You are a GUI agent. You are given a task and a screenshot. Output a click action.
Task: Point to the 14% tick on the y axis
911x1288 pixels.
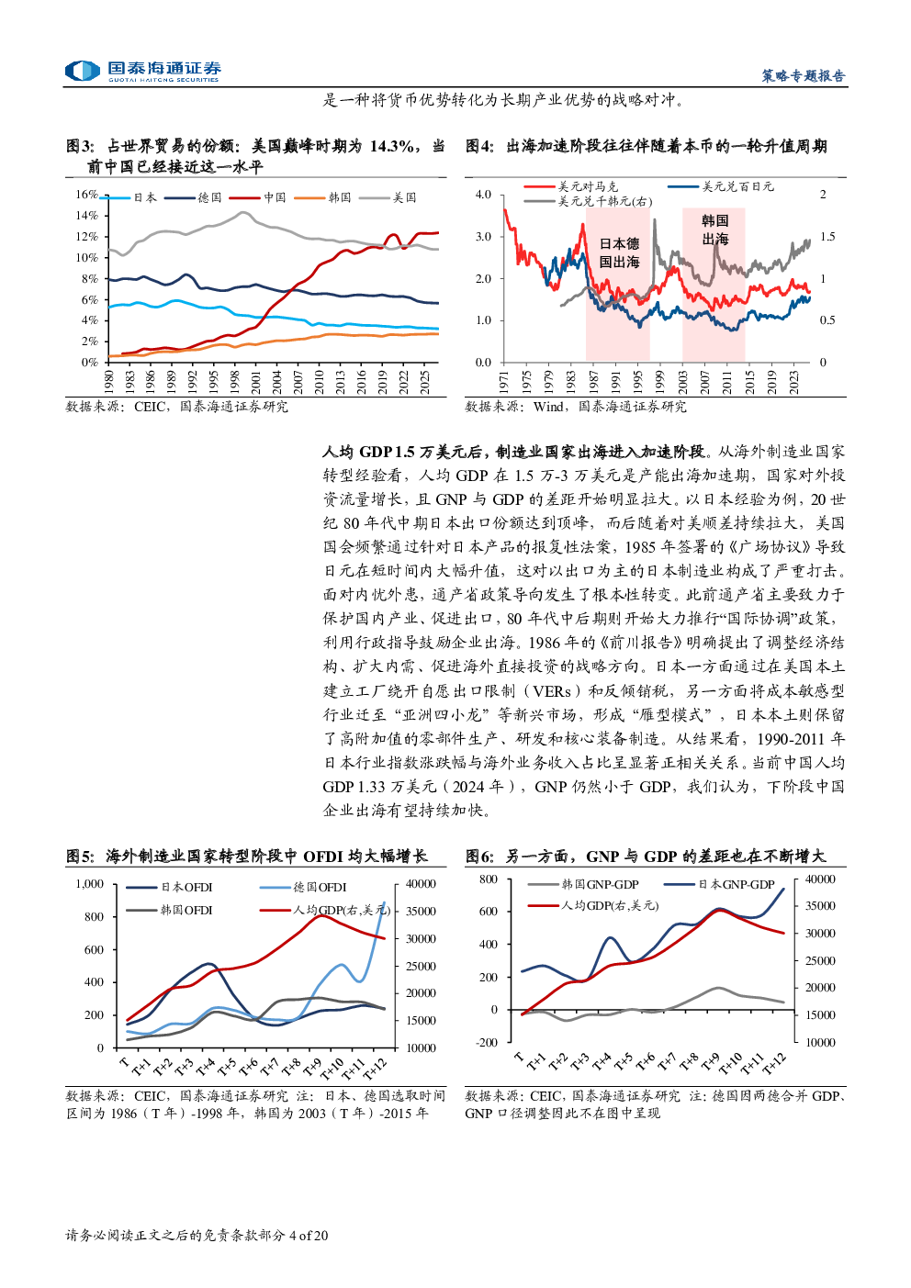87,216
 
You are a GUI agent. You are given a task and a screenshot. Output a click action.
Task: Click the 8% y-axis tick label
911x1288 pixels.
89,279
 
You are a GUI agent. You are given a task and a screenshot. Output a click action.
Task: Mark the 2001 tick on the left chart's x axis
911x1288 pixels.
256,383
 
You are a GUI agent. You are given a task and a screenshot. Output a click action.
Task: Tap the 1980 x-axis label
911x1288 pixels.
109,383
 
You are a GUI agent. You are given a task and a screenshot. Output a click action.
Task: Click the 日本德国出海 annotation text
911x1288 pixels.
619,252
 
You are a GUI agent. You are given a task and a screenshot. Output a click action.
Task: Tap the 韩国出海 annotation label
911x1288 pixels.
714,230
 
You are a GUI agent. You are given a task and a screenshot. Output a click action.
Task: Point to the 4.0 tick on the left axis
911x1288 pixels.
483,195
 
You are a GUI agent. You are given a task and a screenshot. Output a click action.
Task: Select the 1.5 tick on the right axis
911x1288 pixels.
827,237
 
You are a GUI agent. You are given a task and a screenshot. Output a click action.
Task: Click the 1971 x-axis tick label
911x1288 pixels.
504,383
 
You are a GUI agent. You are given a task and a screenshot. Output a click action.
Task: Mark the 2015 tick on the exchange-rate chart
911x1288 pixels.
749,383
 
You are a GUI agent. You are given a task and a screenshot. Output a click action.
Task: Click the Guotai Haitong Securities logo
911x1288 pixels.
143,72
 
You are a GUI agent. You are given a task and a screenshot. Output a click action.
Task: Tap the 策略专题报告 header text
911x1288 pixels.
803,76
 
